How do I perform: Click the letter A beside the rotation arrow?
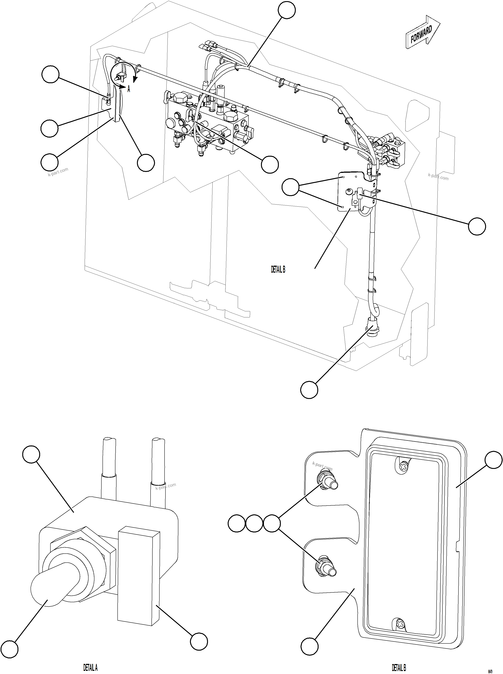(x=129, y=89)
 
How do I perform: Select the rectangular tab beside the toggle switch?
(x=139, y=576)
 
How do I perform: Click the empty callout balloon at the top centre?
(x=287, y=10)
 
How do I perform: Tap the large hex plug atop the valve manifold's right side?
(x=230, y=116)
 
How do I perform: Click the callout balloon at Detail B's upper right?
(x=493, y=460)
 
